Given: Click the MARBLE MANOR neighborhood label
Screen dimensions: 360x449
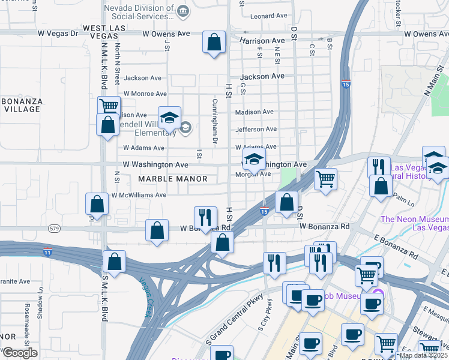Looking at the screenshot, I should click(x=173, y=179).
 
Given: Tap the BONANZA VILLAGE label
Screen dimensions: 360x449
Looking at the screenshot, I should click(x=22, y=106).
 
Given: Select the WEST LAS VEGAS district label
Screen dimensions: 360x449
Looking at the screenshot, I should click(x=104, y=32).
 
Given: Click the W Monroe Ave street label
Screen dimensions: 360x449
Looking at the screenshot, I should click(x=145, y=94).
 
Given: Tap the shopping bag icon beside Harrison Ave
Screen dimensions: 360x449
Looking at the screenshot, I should click(x=214, y=43).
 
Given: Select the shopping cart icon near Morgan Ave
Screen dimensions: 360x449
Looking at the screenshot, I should click(x=325, y=178).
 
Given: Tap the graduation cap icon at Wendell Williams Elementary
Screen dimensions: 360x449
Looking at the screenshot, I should click(x=169, y=118).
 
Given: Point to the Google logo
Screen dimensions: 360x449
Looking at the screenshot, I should click(x=19, y=352).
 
